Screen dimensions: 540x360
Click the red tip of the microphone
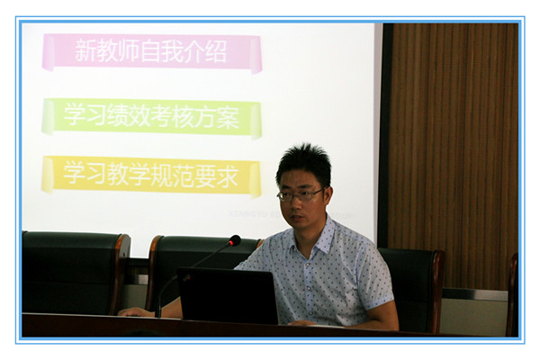point(235,240)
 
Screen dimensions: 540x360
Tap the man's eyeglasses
point(300,195)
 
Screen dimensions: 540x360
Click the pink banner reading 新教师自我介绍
point(152,52)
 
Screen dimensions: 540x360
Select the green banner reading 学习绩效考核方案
point(151,117)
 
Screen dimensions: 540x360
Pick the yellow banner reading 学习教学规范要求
point(151,175)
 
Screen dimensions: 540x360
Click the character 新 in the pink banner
point(85,50)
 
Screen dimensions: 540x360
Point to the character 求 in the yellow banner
point(228,175)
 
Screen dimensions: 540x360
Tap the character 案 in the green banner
point(228,117)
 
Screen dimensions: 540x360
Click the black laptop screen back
point(228,295)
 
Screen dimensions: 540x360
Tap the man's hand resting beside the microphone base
point(137,311)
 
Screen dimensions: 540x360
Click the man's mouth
point(296,218)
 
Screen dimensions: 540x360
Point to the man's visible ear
point(328,197)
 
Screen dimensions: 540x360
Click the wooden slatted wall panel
point(453,155)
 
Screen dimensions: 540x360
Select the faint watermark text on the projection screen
point(291,215)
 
